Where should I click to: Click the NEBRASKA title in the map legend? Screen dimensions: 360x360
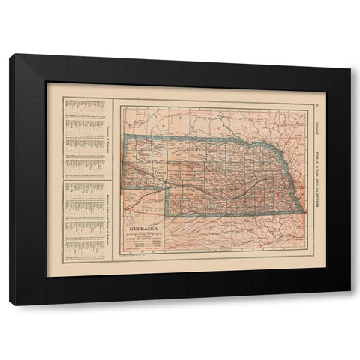(145, 224)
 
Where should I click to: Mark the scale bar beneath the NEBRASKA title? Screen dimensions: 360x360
(145, 234)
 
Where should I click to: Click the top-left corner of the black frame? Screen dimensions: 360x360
(10, 55)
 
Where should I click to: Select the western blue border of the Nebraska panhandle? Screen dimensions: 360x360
(125, 161)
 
